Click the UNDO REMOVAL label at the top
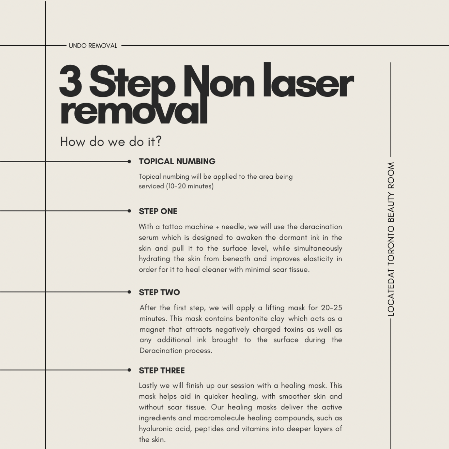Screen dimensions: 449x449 pyautogui.click(x=93, y=46)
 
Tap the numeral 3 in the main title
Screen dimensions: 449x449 pyautogui.click(x=71, y=81)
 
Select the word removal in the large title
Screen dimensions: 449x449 pyautogui.click(x=134, y=111)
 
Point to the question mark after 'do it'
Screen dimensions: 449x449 pyautogui.click(x=158, y=141)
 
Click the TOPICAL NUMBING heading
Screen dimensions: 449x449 pyautogui.click(x=177, y=161)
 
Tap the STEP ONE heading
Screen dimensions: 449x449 pyautogui.click(x=158, y=211)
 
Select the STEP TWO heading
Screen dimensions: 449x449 pyautogui.click(x=159, y=292)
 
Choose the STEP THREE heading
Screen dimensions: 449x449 pyautogui.click(x=162, y=371)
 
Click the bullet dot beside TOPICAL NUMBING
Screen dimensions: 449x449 pyautogui.click(x=129, y=162)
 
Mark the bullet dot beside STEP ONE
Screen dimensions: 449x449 pyautogui.click(x=129, y=211)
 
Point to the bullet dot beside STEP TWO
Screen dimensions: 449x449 pyautogui.click(x=129, y=292)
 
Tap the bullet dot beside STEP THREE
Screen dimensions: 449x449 pyautogui.click(x=129, y=370)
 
